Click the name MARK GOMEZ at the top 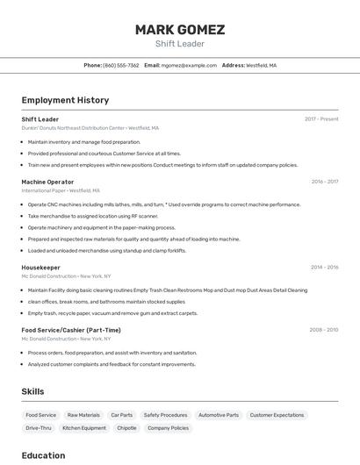180,29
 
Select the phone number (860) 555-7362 121,65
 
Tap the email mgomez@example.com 189,65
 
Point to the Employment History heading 65,100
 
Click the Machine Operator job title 47,182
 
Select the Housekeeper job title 40,267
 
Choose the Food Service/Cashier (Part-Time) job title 71,330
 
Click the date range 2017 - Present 321,119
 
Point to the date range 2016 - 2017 324,182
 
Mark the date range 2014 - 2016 324,267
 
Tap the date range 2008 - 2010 324,330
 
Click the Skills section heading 32,391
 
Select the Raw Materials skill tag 83,415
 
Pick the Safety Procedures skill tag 165,415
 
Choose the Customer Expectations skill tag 277,415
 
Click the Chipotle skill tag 126,428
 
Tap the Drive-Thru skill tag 39,428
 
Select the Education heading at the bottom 43,455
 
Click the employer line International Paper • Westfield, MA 61,190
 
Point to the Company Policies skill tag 168,428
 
